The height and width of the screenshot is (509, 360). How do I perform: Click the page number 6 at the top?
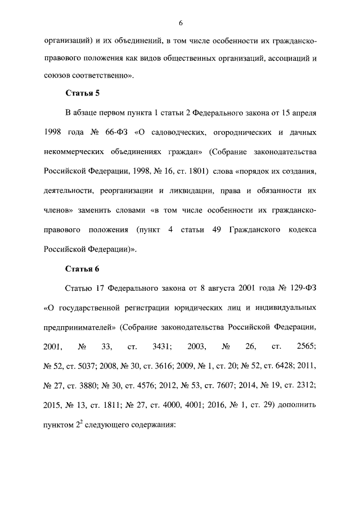[x=180, y=22]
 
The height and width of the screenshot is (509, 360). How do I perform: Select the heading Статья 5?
[x=82, y=93]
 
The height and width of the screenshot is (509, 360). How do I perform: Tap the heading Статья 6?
[x=82, y=268]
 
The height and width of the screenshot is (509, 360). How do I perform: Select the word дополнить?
[x=299, y=405]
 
